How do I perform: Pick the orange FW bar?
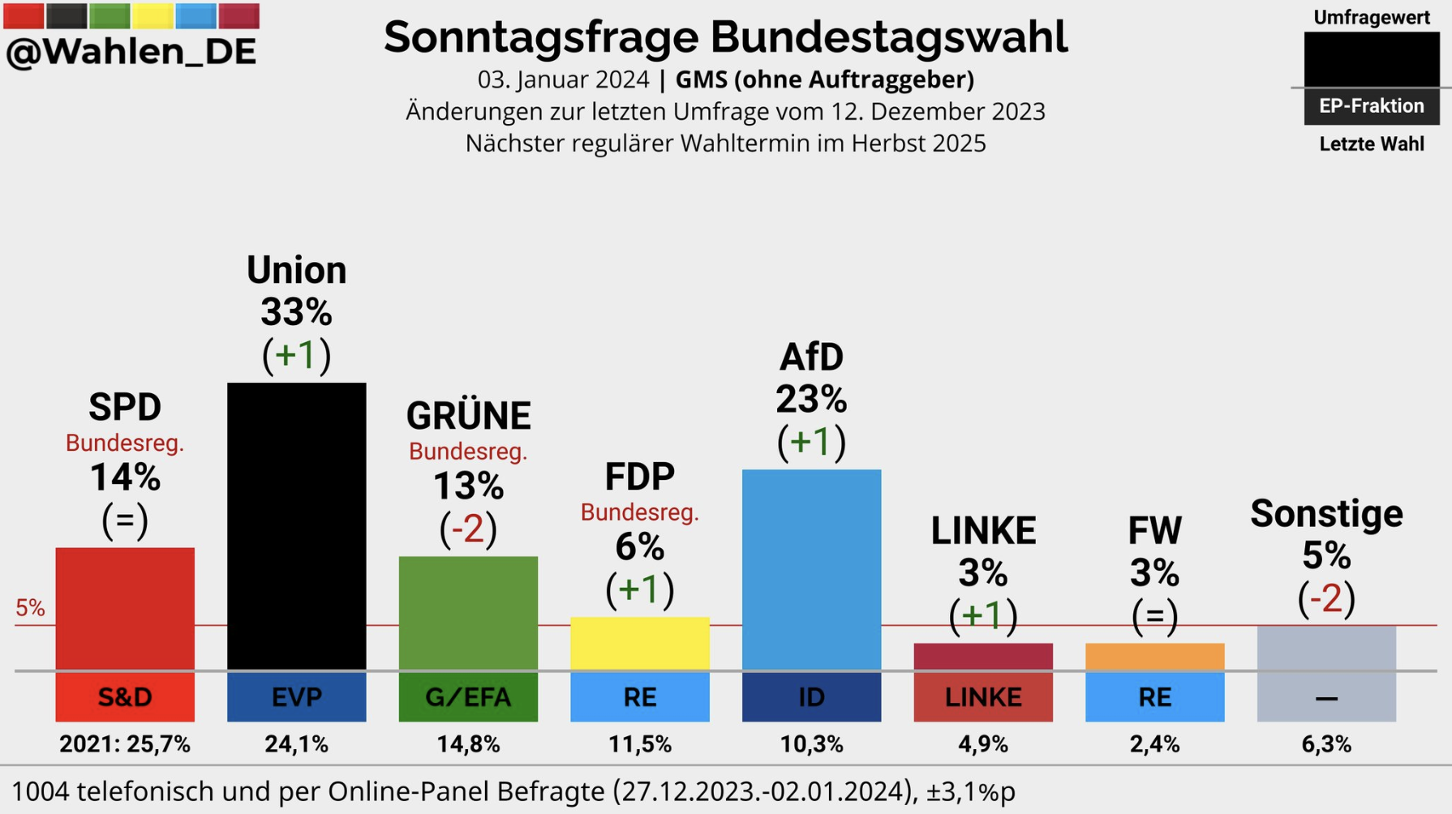tap(1154, 656)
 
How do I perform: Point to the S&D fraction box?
tap(125, 697)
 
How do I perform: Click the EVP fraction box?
tap(296, 697)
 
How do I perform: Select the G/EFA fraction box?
tap(468, 697)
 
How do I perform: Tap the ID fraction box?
tap(811, 697)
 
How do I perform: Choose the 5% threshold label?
tap(30, 608)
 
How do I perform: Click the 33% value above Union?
tap(296, 312)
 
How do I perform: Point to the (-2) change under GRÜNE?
tap(468, 529)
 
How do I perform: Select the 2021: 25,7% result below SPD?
tap(125, 744)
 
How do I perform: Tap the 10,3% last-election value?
tap(811, 744)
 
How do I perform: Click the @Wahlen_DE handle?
tap(131, 52)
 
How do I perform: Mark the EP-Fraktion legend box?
tap(1371, 106)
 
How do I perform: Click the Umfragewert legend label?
tap(1371, 18)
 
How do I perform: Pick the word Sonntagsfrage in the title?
tap(541, 37)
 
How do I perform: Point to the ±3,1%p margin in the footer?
tap(970, 791)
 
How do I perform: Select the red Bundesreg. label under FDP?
tap(639, 512)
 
